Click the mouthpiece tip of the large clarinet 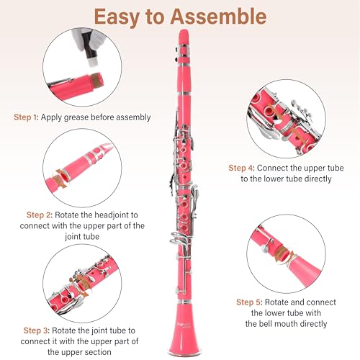tap(186, 37)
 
